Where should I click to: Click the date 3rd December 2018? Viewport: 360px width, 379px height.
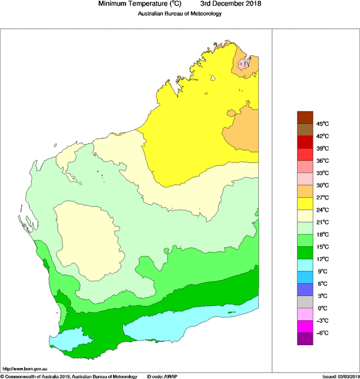(x=227, y=4)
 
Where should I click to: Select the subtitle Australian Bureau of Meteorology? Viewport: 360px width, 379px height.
(x=179, y=14)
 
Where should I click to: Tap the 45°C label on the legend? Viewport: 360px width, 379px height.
(x=321, y=124)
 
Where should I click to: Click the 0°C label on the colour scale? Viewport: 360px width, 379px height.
(x=321, y=308)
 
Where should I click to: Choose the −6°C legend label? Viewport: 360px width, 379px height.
(x=321, y=332)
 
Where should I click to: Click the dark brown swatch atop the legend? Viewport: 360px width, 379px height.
(x=304, y=117)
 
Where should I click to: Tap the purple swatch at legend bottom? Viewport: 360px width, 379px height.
(x=304, y=339)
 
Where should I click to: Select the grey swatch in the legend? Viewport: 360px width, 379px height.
(x=304, y=302)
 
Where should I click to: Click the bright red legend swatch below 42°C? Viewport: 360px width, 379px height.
(x=304, y=142)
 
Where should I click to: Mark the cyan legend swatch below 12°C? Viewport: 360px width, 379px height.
(x=304, y=265)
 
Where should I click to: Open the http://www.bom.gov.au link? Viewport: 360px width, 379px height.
(x=25, y=368)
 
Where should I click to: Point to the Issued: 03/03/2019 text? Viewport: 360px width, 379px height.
(x=340, y=376)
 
